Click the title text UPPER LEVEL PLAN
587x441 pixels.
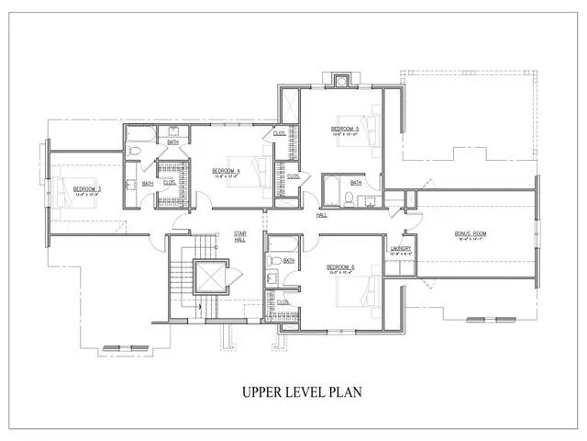302,392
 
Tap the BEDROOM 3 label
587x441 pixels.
87,190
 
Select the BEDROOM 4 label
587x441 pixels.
226,171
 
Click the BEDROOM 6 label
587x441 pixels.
340,268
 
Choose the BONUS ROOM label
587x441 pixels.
471,234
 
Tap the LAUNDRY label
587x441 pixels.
399,248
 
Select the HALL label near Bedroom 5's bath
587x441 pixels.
322,215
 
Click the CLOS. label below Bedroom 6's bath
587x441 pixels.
283,301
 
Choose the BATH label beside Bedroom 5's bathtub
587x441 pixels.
356,182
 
